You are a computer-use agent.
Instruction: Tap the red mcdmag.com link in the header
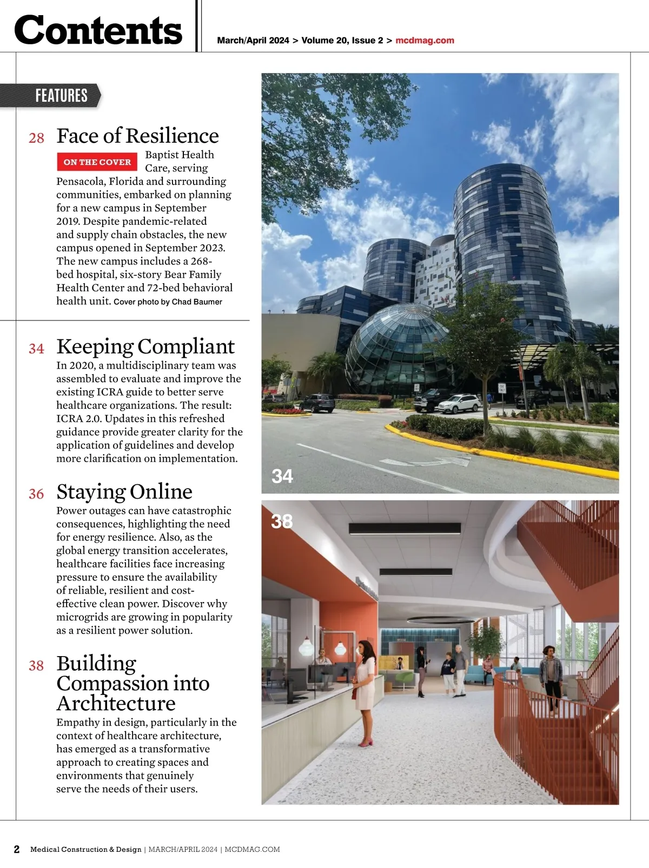click(x=425, y=41)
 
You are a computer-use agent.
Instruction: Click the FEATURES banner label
click(x=61, y=96)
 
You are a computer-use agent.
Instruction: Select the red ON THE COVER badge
click(x=97, y=162)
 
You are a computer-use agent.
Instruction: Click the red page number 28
click(x=36, y=138)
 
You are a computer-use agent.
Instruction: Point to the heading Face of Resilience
click(x=137, y=136)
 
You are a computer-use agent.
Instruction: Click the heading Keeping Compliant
click(x=145, y=346)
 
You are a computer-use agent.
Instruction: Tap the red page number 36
click(x=36, y=494)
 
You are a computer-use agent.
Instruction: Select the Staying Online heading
click(x=124, y=492)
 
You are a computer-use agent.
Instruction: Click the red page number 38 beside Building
click(x=36, y=665)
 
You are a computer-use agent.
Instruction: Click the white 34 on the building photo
click(x=282, y=476)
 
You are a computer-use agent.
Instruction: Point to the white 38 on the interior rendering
click(x=282, y=522)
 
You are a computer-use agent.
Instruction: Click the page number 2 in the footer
click(x=17, y=849)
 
